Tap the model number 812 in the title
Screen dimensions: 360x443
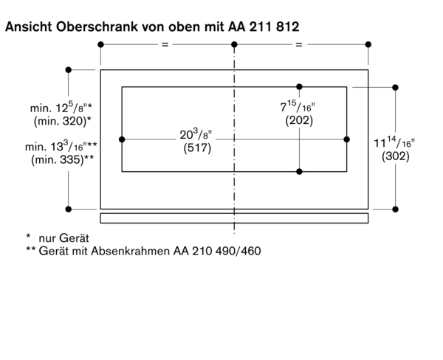(x=286, y=27)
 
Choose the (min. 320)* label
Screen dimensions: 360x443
(x=63, y=120)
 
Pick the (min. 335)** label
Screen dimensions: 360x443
(x=63, y=159)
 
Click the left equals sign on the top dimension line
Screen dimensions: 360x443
(x=166, y=46)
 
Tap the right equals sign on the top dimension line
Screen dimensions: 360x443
(x=300, y=46)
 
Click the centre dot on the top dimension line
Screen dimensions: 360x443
(x=234, y=46)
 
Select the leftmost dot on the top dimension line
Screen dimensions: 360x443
(x=101, y=46)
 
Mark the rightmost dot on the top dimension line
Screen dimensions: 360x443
(x=368, y=46)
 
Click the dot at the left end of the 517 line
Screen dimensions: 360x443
(x=122, y=139)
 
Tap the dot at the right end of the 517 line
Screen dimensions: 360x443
(x=346, y=139)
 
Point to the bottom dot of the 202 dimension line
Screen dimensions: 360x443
(x=299, y=171)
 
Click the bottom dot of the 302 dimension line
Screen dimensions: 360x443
(x=396, y=209)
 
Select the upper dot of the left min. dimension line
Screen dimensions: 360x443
(x=69, y=71)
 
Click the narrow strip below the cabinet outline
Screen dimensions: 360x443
(x=234, y=218)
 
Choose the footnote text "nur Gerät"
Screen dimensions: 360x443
(x=63, y=238)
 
